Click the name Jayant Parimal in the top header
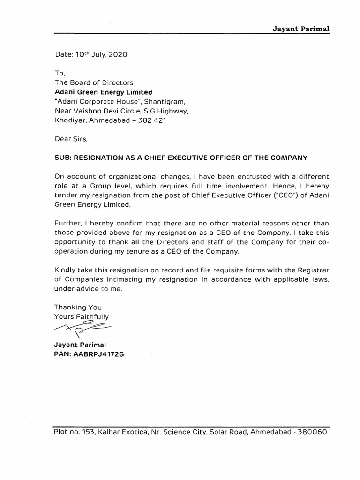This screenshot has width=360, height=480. (301, 28)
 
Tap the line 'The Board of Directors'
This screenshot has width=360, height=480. (94, 83)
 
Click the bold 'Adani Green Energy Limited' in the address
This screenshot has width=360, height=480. (104, 92)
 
